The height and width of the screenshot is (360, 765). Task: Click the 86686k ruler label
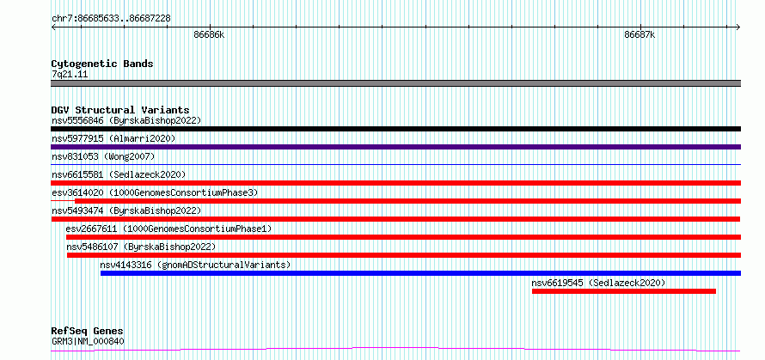click(210, 34)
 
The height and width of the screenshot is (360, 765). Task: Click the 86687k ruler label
click(640, 34)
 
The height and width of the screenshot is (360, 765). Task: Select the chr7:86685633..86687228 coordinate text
click(111, 19)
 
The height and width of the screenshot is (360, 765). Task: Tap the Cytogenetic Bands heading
click(102, 64)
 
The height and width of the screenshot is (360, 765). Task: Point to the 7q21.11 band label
click(70, 75)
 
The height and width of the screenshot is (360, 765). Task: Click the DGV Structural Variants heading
click(120, 110)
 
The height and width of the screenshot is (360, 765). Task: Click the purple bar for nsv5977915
click(395, 147)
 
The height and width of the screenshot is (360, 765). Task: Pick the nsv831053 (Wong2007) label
click(103, 156)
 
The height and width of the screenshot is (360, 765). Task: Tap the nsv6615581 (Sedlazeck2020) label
click(119, 174)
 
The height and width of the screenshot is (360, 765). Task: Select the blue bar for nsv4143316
click(420, 273)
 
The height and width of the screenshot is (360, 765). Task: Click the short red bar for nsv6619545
click(623, 291)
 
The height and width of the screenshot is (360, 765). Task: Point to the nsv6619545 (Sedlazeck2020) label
click(598, 283)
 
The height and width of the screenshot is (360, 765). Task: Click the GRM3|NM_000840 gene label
click(88, 341)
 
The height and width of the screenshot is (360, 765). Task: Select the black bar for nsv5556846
click(395, 129)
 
